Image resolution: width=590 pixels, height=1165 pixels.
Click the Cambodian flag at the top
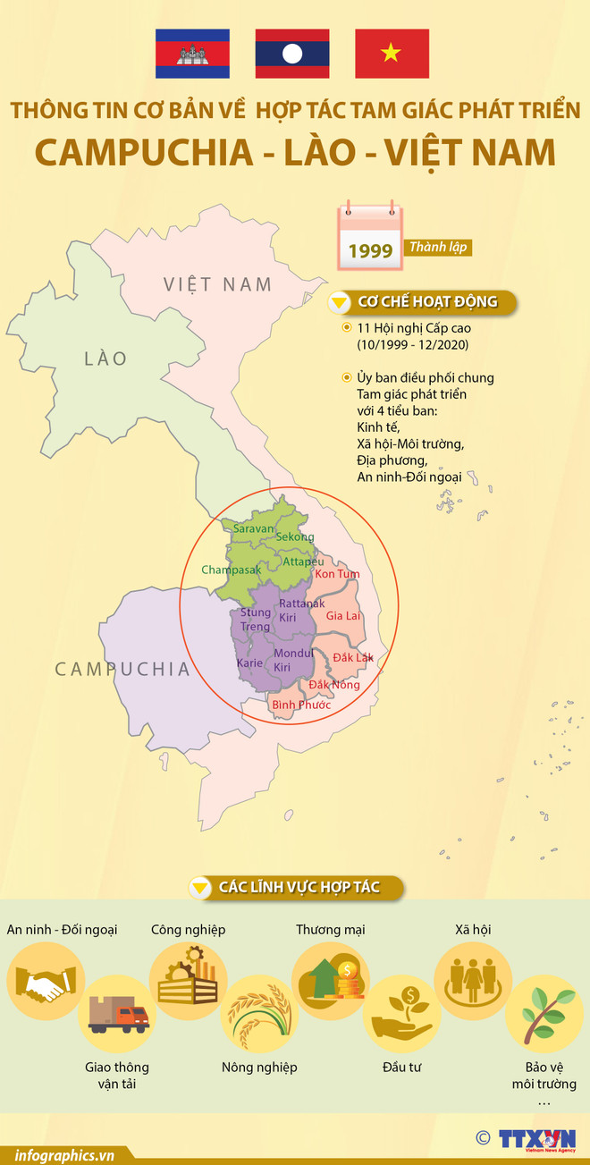(192, 54)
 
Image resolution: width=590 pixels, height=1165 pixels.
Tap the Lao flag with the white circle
(292, 54)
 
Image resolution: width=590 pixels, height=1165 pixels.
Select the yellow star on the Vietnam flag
(391, 54)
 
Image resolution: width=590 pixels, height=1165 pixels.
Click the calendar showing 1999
(369, 239)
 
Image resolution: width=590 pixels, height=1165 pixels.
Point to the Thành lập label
(439, 248)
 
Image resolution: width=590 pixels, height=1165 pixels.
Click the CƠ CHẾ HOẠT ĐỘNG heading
(426, 302)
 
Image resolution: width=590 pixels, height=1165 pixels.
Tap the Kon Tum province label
(337, 573)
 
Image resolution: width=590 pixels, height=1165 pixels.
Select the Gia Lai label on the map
(343, 616)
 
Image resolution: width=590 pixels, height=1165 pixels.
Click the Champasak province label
(231, 570)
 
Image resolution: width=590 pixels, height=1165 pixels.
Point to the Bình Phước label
(301, 705)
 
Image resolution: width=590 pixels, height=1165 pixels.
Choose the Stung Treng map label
(256, 620)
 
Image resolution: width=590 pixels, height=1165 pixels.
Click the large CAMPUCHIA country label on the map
(122, 669)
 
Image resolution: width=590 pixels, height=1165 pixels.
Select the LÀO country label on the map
(105, 359)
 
